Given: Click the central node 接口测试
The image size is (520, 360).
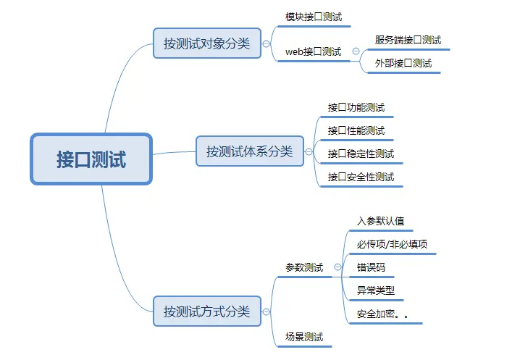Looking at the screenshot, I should coord(91,159).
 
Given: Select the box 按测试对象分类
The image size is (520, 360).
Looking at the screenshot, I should coord(206,43).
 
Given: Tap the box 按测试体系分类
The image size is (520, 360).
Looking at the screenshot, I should coord(249,151).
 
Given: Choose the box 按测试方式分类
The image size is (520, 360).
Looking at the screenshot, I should coord(206,311).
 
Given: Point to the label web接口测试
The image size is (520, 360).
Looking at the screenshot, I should coord(313,51).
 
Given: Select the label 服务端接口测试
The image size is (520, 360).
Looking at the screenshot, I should coord(408,40).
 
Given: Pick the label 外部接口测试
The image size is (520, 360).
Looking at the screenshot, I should coord(403,64).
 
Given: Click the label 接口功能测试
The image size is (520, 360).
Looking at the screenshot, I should coord(356,107).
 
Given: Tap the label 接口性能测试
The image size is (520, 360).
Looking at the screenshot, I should coord(356,130).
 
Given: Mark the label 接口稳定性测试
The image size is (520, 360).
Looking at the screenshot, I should coord(361,154).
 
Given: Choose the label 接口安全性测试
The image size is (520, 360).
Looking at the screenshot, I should coord(361,177).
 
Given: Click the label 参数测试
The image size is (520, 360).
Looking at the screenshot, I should coord(304,267).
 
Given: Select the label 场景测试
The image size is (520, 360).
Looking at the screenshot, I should coord(304,337).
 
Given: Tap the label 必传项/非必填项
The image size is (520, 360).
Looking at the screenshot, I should coord(392,244).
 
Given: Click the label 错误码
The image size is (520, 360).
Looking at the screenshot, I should coord(371,267).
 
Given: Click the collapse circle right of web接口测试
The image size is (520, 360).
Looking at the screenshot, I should coord(356,51).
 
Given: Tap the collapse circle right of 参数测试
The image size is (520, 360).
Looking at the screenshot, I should coord(337,267).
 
